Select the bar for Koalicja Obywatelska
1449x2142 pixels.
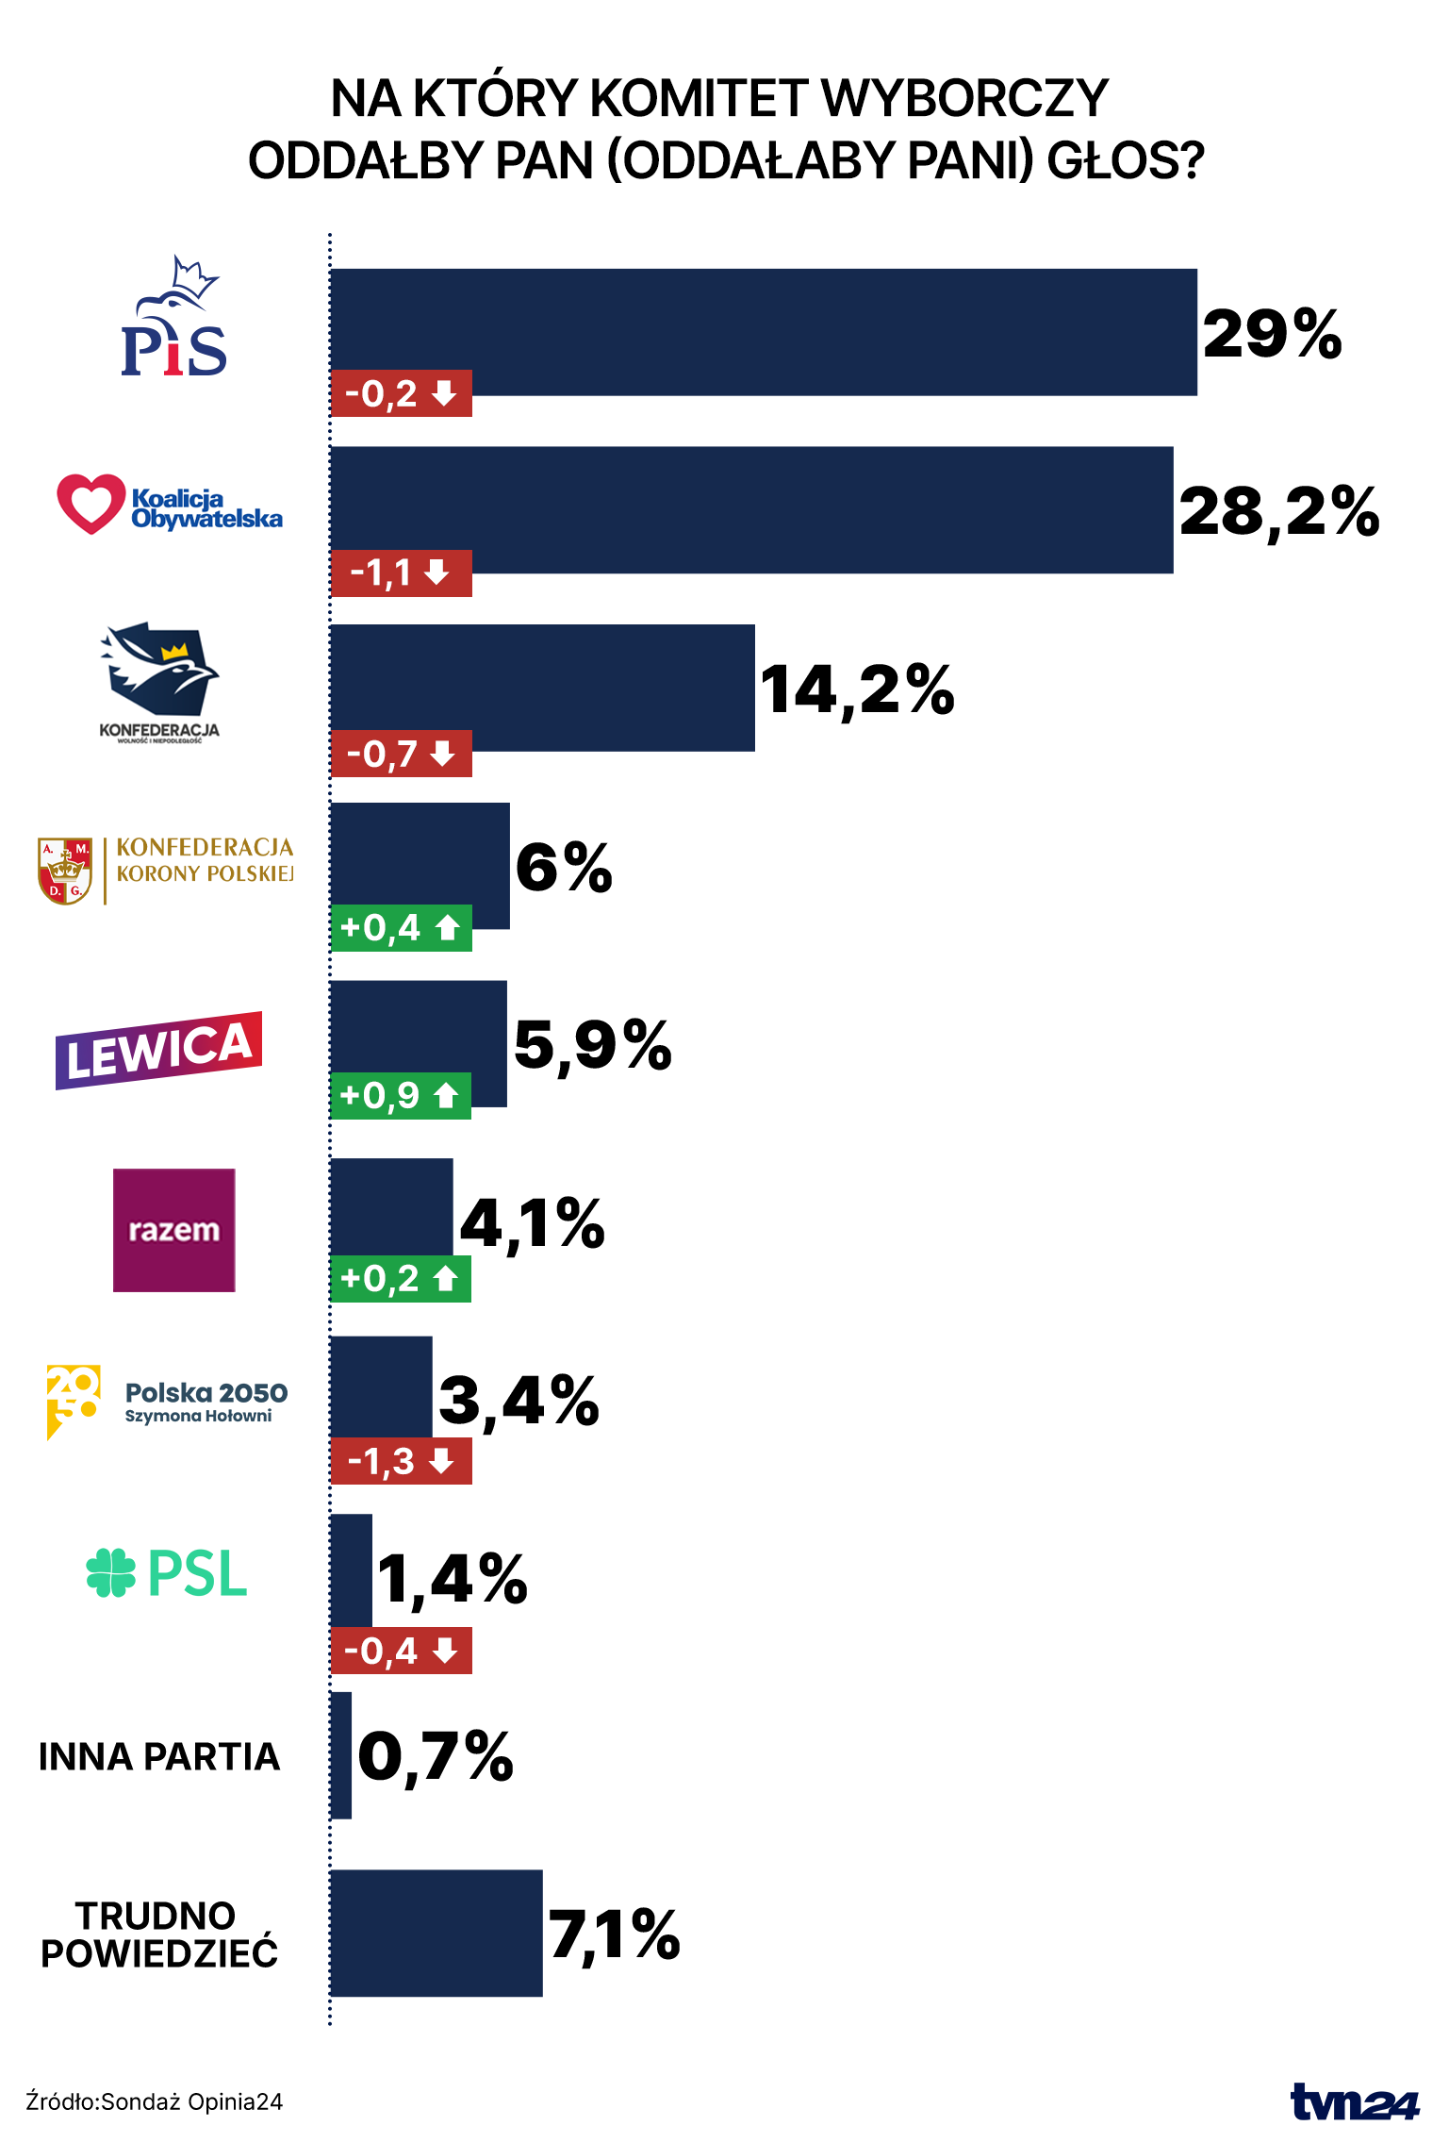[751, 509]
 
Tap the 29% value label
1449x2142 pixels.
[1272, 334]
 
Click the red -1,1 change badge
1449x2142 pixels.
[401, 573]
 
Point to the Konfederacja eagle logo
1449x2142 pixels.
[160, 669]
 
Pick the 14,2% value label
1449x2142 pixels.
[857, 689]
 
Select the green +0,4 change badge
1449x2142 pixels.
[401, 928]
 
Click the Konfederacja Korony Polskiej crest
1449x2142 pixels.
[65, 871]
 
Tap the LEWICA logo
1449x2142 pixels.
[159, 1050]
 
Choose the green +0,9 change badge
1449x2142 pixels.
[401, 1096]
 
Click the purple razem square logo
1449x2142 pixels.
[174, 1230]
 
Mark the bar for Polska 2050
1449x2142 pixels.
[381, 1386]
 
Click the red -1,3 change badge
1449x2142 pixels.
[401, 1461]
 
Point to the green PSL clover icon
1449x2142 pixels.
[111, 1572]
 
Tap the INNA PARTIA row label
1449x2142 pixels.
[159, 1756]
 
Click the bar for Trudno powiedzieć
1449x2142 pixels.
[436, 1933]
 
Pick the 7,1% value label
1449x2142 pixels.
[614, 1933]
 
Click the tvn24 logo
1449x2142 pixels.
[1355, 2101]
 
